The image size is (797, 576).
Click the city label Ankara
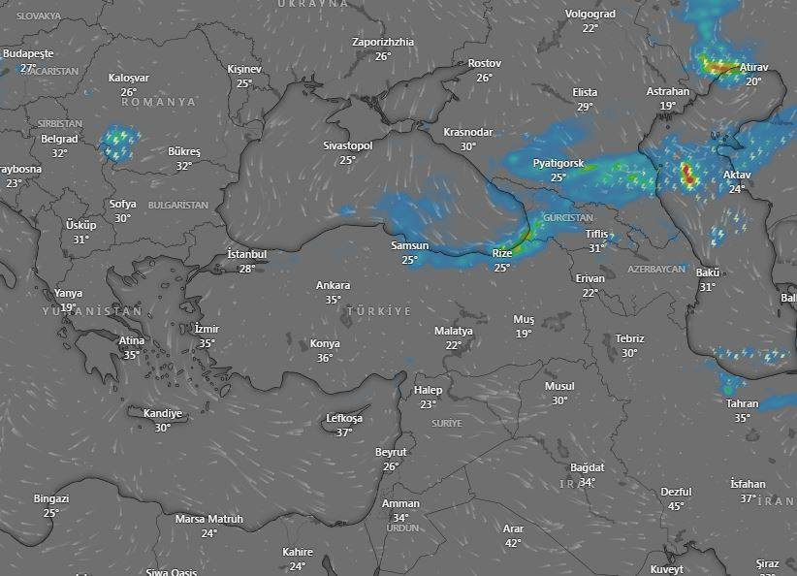333,285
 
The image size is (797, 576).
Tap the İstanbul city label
246,254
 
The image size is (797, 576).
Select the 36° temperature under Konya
324,358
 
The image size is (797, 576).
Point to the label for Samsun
409,245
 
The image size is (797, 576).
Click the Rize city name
501,253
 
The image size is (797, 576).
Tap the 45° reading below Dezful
676,506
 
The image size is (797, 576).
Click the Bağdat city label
587,467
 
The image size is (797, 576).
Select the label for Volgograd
590,15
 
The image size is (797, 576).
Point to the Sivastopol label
348,145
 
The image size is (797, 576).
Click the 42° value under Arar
513,543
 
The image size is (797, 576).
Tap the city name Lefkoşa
344,418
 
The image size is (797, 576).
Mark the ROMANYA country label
158,102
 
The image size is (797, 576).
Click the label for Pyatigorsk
558,164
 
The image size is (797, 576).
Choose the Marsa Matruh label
208,519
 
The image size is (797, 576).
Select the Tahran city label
742,403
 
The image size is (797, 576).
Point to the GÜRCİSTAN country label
569,218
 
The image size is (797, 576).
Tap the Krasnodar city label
467,132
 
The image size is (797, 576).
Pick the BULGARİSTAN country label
178,206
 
